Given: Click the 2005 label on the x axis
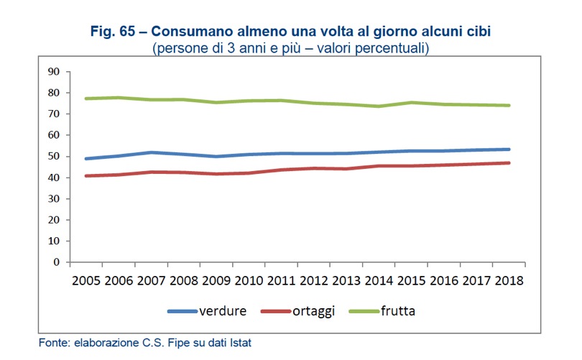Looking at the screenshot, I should click(86, 279).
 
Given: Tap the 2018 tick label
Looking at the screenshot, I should click(508, 279).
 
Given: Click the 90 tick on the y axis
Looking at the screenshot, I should click(52, 71).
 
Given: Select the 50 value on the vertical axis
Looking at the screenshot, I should click(52, 156).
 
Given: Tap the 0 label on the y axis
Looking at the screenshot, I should click(55, 262).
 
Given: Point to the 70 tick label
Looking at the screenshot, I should click(52, 114).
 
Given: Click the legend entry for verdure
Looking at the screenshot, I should click(223, 311).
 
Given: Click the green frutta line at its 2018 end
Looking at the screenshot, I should click(509, 106).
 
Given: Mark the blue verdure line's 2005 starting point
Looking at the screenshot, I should click(86, 158).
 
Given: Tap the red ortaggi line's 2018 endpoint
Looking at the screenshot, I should click(509, 163).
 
